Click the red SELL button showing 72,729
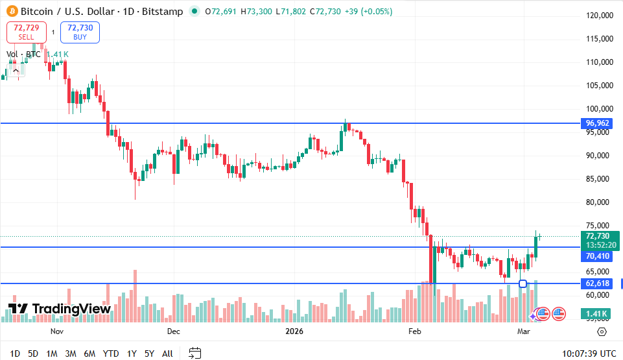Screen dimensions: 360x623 (x=26, y=32)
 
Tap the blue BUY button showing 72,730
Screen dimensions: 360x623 (x=80, y=32)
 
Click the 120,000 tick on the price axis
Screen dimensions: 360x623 (x=599, y=16)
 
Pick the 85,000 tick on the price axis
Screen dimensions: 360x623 (x=599, y=179)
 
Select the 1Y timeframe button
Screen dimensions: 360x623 (x=132, y=354)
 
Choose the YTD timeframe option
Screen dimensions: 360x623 (x=111, y=354)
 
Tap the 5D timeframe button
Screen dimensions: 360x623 (x=33, y=354)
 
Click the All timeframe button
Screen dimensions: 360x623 (x=167, y=354)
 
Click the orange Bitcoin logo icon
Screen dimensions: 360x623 (x=10, y=12)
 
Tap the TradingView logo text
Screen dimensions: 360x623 (x=60, y=309)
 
